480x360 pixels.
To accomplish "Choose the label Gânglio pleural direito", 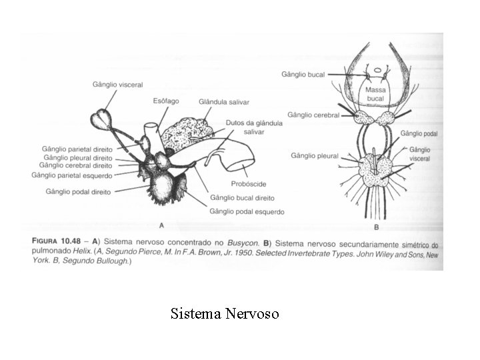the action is click(78, 157).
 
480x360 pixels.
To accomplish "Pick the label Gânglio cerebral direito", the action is click(76, 165).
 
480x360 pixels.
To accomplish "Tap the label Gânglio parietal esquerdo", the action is click(72, 175).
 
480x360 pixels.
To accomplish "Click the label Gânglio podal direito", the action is click(77, 191).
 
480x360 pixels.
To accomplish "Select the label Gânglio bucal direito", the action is click(242, 198).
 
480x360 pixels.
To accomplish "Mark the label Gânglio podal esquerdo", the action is click(247, 211).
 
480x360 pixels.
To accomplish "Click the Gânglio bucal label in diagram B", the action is click(303, 75).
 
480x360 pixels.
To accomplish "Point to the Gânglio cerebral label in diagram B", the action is click(313, 115).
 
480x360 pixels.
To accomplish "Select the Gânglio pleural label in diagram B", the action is click(315, 155).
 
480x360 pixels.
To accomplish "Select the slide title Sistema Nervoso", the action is click(225, 313).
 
